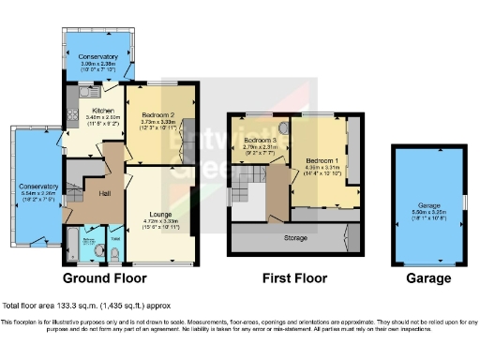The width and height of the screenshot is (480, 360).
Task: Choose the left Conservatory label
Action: tap(38, 187)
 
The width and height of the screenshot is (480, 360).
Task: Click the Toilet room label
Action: tap(115, 240)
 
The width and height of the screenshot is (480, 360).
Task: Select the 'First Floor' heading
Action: tap(294, 278)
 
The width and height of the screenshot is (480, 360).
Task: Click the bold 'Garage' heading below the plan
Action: tap(428, 278)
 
